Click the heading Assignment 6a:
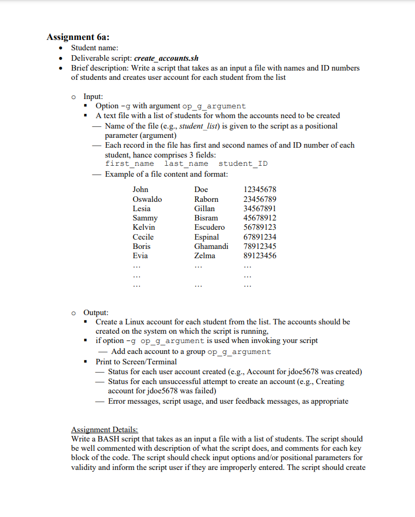(78, 37)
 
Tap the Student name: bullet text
(95, 48)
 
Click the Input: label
(93, 96)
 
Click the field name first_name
(130, 164)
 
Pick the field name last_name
(186, 164)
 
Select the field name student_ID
(243, 164)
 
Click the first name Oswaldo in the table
(147, 199)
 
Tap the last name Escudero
(209, 227)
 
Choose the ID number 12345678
(260, 189)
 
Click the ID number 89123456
(260, 255)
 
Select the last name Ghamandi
(211, 246)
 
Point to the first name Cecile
(143, 237)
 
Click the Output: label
(96, 312)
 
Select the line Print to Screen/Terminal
(136, 362)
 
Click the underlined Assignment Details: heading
(104, 429)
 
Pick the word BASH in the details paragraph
(107, 439)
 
